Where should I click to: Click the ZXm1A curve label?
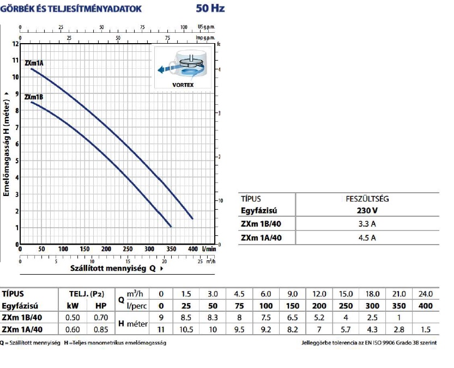point(34,63)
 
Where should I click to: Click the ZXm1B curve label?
point(34,97)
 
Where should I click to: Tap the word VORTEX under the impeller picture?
point(183,85)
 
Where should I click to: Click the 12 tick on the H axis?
point(15,44)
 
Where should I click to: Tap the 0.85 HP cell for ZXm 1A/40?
point(100,329)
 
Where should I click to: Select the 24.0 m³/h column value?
point(426,294)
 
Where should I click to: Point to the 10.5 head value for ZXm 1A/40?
point(186,329)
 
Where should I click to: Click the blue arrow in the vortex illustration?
point(164,68)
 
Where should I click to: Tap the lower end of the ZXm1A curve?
point(192,218)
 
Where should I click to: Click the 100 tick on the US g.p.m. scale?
point(183,27)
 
